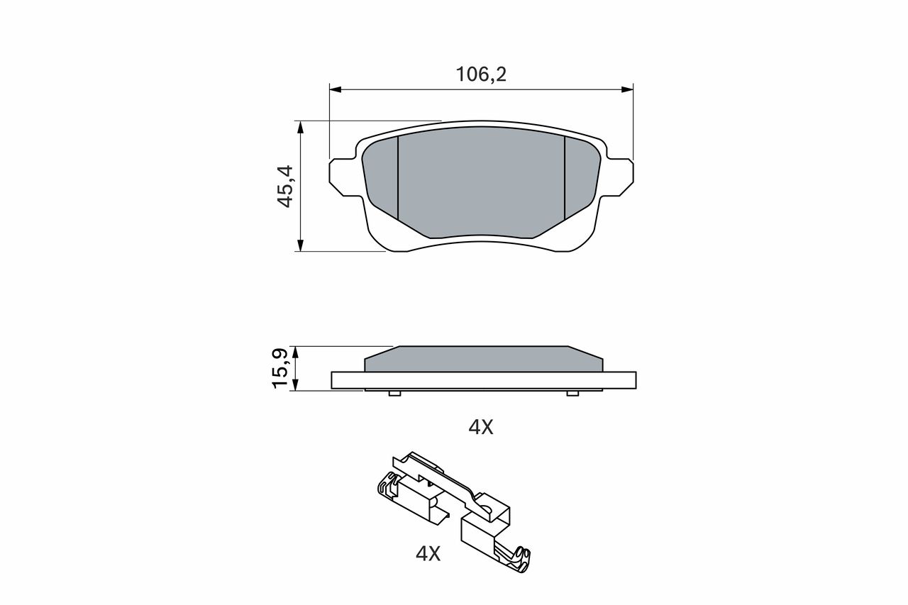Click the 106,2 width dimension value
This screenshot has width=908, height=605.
point(481,74)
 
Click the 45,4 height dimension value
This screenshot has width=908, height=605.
point(285,186)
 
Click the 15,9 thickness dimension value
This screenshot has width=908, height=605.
point(280,368)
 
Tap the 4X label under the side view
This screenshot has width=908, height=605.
point(481,427)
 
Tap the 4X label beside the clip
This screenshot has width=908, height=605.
point(428,553)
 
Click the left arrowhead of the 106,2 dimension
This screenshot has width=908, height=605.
point(336,89)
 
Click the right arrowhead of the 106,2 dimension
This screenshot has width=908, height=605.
point(627,89)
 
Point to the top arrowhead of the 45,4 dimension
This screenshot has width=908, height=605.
point(300,127)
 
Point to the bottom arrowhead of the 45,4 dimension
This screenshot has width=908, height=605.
point(300,245)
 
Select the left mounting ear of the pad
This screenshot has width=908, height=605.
point(343,177)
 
